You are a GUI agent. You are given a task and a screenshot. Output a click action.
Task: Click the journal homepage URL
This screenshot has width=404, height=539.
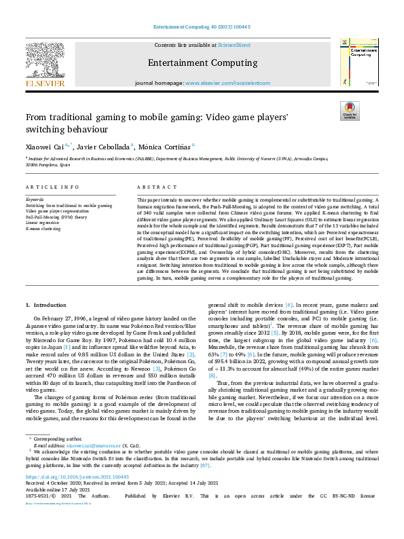232,83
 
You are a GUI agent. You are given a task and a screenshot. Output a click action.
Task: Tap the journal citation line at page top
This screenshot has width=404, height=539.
201,27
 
